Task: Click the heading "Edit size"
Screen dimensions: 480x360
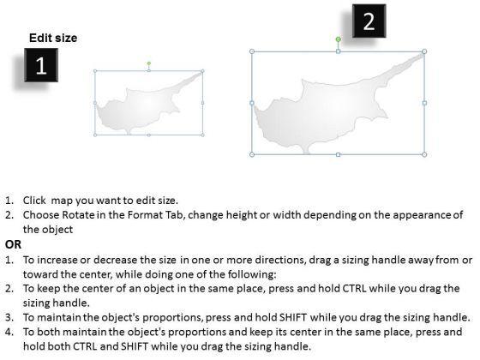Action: click(53, 38)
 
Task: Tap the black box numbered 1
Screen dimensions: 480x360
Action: click(41, 65)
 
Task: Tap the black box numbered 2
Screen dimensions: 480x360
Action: click(369, 21)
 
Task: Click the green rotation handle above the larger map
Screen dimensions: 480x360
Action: click(338, 39)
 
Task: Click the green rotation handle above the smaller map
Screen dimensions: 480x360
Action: click(149, 63)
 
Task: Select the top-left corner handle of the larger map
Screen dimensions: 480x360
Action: click(252, 51)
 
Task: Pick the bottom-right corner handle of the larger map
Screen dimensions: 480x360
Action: click(424, 154)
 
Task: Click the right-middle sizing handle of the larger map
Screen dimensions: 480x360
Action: click(424, 103)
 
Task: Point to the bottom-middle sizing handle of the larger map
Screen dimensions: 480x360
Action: click(338, 155)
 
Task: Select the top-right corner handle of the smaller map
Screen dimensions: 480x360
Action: click(202, 71)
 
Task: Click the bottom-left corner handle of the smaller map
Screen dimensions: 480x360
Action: click(95, 135)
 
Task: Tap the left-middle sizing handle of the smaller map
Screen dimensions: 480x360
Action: click(95, 103)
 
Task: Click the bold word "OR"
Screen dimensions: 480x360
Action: click(13, 244)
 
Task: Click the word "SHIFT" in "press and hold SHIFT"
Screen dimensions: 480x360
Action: click(293, 317)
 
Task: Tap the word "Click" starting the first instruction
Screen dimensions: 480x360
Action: click(34, 201)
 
